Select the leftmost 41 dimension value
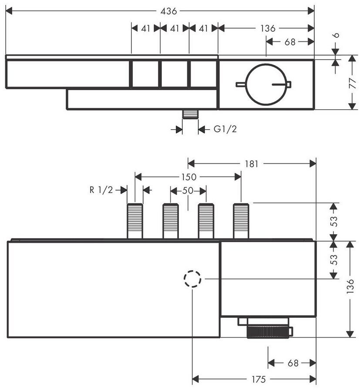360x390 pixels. [x=146, y=29]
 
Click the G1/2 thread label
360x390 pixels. [x=225, y=129]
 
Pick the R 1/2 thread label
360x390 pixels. [x=101, y=190]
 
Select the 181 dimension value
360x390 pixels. [x=251, y=164]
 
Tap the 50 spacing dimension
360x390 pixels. [x=188, y=191]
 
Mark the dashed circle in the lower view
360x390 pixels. [x=192, y=279]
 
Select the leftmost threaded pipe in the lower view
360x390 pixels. [x=135, y=221]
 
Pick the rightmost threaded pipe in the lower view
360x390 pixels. [x=241, y=221]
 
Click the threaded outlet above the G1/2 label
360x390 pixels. [x=190, y=114]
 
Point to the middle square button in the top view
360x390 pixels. [x=174, y=74]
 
